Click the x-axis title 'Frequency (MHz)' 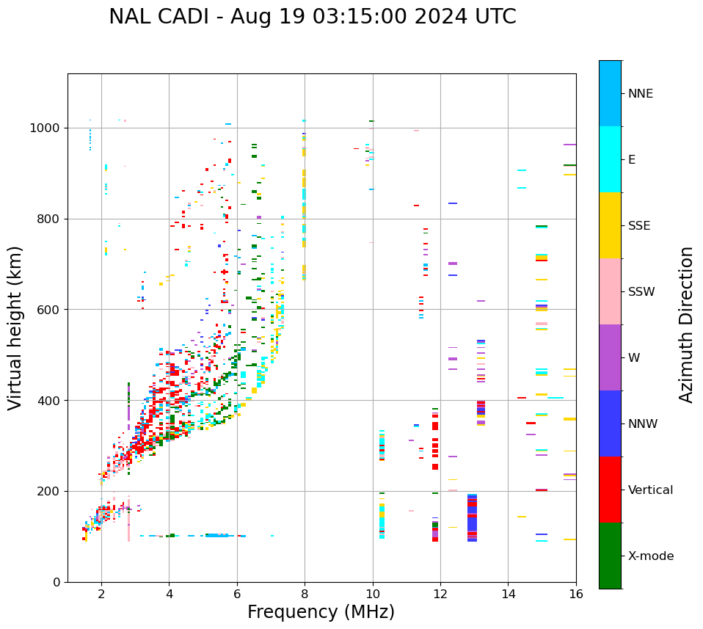pos(321,612)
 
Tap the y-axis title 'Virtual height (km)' pos(15,327)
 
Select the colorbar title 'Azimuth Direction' pos(686,324)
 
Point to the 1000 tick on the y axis pos(47,128)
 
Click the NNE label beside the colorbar pos(640,94)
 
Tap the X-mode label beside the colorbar pos(650,556)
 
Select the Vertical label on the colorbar pos(650,490)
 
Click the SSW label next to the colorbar pos(641,292)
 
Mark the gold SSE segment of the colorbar pos(610,225)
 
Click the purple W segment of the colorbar pos(610,357)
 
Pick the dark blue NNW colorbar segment pos(610,423)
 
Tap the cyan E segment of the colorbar pos(610,159)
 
